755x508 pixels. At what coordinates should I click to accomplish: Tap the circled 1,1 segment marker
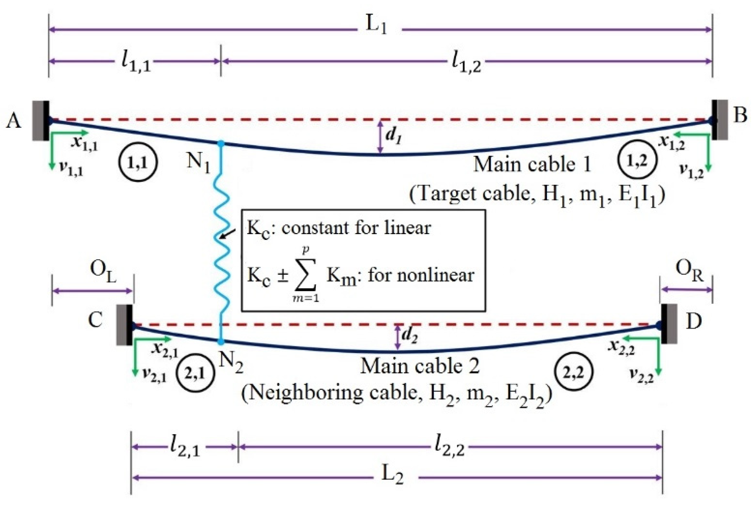138,163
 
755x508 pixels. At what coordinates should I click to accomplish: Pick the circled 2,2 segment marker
573,372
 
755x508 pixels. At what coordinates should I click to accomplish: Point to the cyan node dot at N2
221,342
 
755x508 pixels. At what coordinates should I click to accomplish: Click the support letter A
14,121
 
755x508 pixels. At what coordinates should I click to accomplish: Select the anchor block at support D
669,324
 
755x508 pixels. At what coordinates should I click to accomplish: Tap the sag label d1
393,136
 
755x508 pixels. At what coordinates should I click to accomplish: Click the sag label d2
410,335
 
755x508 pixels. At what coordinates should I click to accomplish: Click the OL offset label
103,271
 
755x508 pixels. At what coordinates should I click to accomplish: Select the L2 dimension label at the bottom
392,475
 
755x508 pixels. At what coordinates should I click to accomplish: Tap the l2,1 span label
185,447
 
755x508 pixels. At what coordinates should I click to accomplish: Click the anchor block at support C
125,325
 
